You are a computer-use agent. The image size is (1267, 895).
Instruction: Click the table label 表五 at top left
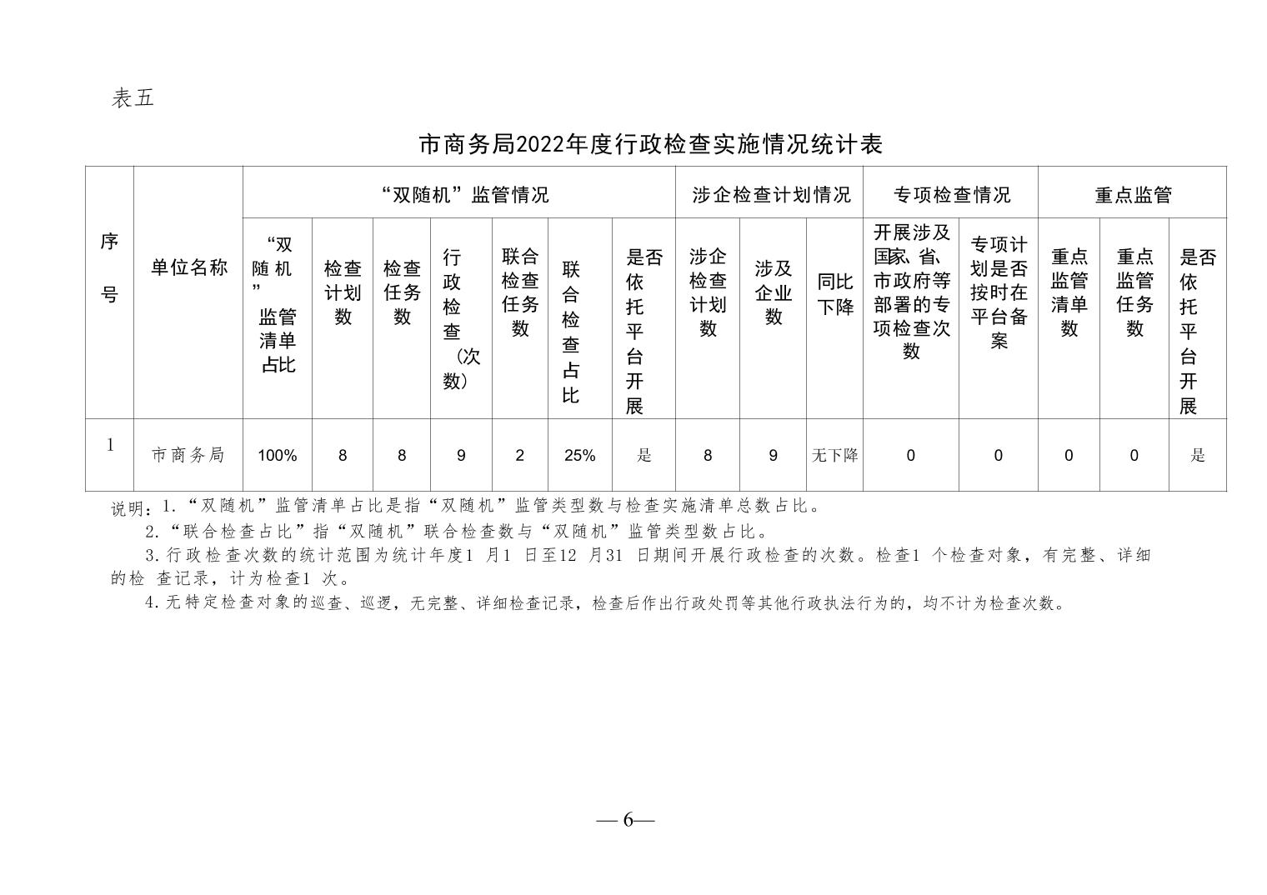tap(133, 97)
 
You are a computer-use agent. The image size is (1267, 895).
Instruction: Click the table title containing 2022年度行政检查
tap(650, 145)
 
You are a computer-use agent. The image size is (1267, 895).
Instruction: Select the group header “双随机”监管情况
tap(465, 195)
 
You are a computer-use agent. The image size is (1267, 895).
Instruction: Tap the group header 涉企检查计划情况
tap(772, 195)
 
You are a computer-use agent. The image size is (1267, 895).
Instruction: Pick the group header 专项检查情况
tap(952, 195)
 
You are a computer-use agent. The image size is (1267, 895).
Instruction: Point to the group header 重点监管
tap(1133, 195)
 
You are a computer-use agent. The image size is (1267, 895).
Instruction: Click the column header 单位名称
tap(189, 267)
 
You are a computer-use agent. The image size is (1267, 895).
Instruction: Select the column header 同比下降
tap(835, 293)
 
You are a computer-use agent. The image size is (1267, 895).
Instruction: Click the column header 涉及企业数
tap(774, 292)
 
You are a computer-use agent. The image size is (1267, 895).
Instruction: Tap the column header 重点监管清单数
tap(1069, 292)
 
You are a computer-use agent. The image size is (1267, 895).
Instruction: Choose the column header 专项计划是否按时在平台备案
tap(999, 292)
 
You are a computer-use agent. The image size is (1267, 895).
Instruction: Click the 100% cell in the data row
tap(278, 455)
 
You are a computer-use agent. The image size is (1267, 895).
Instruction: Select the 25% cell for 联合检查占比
tap(579, 455)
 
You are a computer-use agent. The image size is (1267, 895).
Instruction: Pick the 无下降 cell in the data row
tap(835, 455)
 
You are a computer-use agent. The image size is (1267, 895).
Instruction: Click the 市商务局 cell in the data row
tap(188, 455)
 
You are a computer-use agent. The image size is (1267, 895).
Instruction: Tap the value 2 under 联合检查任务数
tap(520, 455)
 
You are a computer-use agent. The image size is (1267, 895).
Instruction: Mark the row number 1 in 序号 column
tap(110, 445)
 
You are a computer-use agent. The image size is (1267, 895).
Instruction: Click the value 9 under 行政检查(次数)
tap(461, 455)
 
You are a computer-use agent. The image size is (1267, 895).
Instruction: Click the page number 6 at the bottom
tap(628, 820)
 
